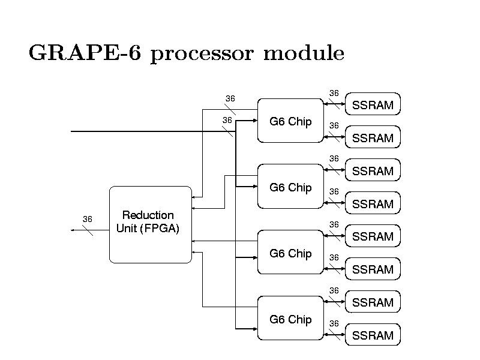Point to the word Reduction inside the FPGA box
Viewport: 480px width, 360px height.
pos(148,215)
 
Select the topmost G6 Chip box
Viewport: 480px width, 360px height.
pos(290,121)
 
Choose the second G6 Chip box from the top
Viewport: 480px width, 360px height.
pos(290,187)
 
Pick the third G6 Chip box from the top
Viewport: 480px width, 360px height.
pos(290,253)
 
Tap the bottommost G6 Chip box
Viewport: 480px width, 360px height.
pos(290,319)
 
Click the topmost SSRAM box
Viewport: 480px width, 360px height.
pos(373,106)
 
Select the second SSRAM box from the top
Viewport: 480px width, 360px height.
pos(373,138)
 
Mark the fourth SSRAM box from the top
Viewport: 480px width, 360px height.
pos(373,204)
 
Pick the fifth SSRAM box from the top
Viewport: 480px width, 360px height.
pos(373,236)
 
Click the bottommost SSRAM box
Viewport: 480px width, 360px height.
pos(373,335)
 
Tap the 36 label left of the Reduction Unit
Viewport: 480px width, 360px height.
pos(88,219)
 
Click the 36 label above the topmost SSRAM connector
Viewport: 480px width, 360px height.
pos(334,93)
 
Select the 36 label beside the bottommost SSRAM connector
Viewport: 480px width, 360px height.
pos(334,323)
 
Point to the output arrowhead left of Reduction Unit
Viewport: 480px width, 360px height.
pos(72,229)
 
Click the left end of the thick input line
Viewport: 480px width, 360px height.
pos(72,131)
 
